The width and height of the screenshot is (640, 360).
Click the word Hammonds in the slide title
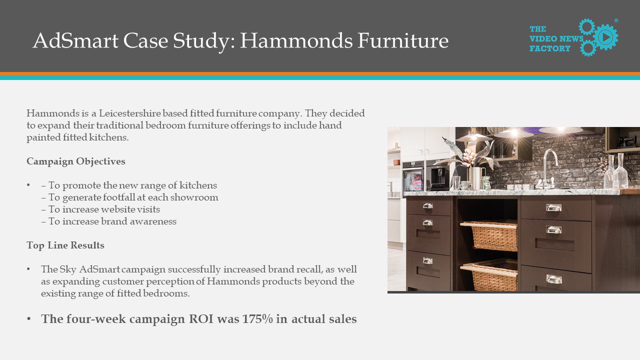tap(296, 40)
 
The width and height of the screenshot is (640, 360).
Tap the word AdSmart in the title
tap(75, 40)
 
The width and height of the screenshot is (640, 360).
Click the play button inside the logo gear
tap(605, 37)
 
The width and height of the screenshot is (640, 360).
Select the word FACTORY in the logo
tap(550, 48)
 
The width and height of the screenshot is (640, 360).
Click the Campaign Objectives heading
tap(76, 161)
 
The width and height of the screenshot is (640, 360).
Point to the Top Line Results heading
tap(65, 245)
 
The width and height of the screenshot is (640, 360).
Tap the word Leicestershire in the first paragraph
tap(129, 113)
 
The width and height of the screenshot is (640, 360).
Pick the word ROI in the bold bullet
tap(201, 319)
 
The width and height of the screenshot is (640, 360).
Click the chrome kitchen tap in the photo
tap(548, 168)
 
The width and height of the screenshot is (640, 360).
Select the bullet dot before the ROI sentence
tap(28, 318)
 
